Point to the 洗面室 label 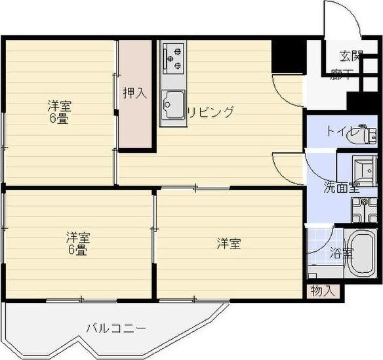click(x=341, y=187)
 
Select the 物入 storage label click(x=323, y=290)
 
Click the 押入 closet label click(x=135, y=92)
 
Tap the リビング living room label click(x=211, y=112)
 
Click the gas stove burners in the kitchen click(x=174, y=57)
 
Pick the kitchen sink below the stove click(x=173, y=104)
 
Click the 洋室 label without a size click(x=229, y=244)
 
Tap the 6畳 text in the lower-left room click(x=77, y=250)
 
